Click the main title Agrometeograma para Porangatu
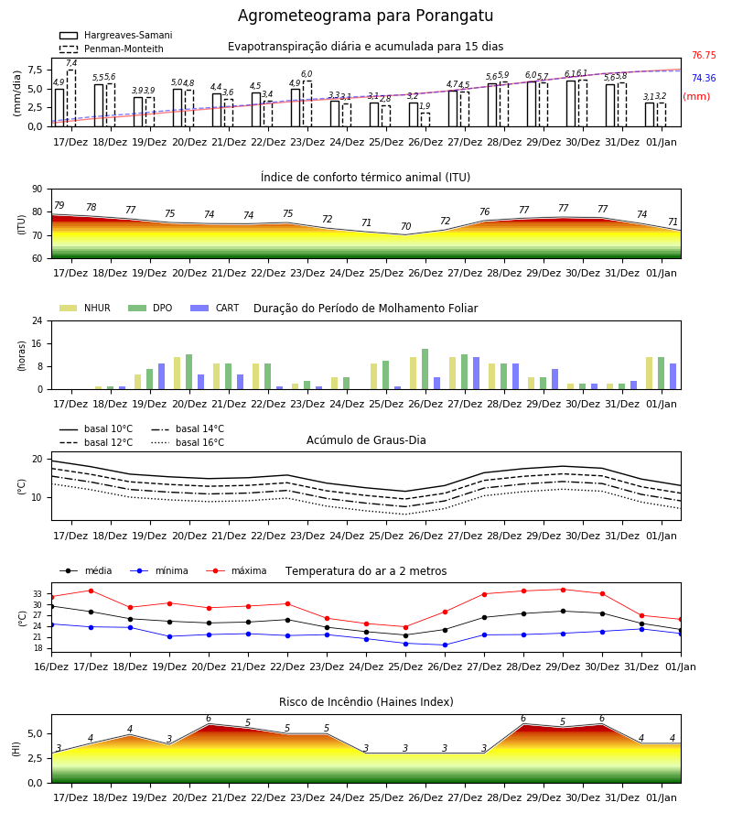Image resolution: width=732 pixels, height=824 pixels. point(365,16)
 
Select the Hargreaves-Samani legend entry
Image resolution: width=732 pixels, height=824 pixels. point(115,35)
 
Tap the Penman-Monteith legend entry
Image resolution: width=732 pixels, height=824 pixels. point(112,49)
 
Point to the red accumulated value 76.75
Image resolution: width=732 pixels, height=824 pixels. point(704,55)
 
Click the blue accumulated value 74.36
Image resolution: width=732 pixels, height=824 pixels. point(704,78)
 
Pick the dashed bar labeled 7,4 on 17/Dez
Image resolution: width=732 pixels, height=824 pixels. point(71,98)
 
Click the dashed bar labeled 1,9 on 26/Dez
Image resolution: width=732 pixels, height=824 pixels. point(425,120)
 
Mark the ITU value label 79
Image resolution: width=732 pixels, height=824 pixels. point(59,205)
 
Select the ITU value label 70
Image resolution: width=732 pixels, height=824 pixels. point(406,226)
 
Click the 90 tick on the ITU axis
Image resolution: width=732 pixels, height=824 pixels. point(38,190)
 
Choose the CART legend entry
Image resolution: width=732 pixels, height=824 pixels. point(215,308)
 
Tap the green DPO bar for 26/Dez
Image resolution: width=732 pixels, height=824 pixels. point(425,370)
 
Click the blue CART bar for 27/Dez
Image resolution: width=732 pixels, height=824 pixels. point(477,374)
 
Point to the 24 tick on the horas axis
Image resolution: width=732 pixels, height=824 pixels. point(38,320)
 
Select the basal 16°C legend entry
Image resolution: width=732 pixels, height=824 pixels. point(188,442)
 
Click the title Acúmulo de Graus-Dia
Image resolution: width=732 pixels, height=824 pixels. point(366,440)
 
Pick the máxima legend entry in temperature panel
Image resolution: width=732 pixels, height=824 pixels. point(237,570)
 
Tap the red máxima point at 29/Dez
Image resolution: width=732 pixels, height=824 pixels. point(563,590)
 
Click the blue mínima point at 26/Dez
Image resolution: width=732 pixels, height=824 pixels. point(446,645)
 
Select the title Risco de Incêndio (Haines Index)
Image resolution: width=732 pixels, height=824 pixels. point(366,702)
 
